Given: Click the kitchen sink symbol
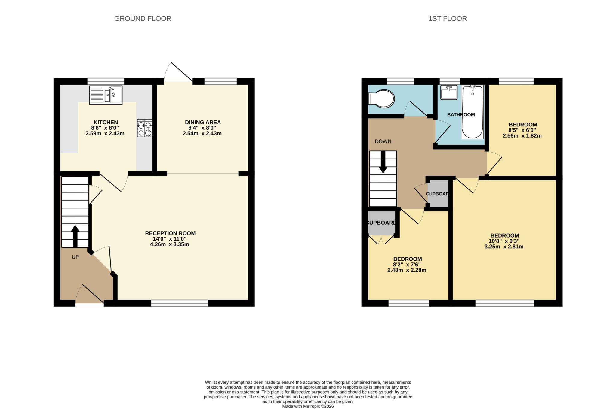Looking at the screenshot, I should [x=106, y=95].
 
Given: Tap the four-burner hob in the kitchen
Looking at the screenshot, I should [x=144, y=128].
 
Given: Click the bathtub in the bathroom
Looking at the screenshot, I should [x=473, y=112].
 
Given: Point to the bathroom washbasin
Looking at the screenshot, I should [x=449, y=92].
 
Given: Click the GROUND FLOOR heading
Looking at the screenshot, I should [x=143, y=19].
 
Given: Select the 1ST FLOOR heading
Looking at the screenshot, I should [x=447, y=19].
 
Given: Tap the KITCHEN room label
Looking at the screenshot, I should [x=106, y=122].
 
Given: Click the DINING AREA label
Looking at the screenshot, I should [x=202, y=122].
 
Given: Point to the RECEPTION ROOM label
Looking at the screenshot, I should [x=170, y=233].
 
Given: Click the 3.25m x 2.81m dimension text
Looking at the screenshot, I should [x=504, y=247].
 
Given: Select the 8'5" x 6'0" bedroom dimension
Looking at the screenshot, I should [x=522, y=130].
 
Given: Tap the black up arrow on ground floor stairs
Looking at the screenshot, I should [x=75, y=236].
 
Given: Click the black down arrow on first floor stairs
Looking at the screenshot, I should [x=383, y=162].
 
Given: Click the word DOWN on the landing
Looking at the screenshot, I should [x=383, y=141].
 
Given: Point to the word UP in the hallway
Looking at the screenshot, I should [x=75, y=257].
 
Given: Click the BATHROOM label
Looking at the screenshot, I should [x=461, y=114].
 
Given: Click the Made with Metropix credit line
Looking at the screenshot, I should [x=308, y=406].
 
